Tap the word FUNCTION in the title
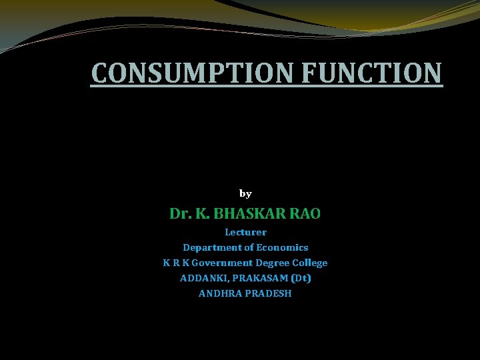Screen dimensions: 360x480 point(371,73)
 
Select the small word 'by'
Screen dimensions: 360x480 point(245,194)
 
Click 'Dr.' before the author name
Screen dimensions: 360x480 point(179,214)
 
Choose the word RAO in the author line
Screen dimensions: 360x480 point(305,214)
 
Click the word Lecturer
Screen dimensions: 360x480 point(245,233)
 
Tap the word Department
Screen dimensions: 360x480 point(213,247)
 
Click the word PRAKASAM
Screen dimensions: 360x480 point(257,277)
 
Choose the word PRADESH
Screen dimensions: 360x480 point(269,293)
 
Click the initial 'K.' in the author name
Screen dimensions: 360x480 point(201,214)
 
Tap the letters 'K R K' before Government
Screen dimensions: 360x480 point(175,263)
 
